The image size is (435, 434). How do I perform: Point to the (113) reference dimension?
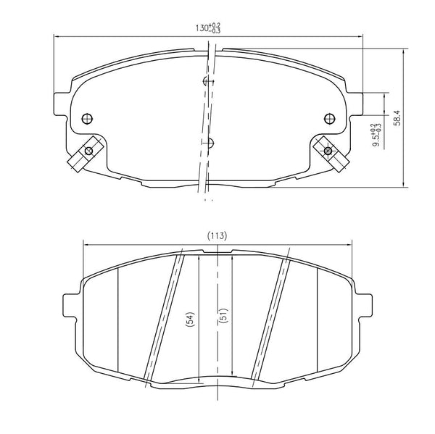[x=217, y=235]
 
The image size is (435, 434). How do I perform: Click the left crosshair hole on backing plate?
[x=88, y=119]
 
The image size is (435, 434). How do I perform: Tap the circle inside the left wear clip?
[x=88, y=151]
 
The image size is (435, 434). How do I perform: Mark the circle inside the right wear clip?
[x=329, y=151]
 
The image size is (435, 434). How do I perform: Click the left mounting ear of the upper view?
[x=60, y=101]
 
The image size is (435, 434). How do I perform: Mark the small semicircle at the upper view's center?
[x=210, y=142]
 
